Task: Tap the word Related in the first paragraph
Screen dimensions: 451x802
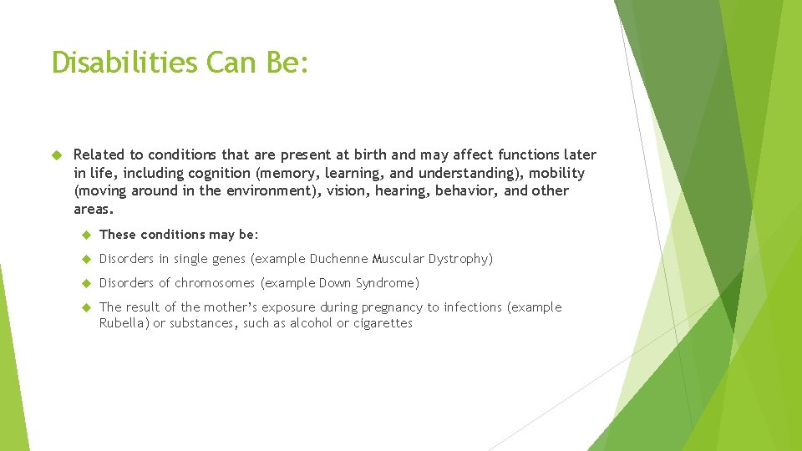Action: click(x=99, y=155)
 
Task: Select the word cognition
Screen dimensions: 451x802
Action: click(x=222, y=173)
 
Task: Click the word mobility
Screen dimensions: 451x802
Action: click(x=557, y=173)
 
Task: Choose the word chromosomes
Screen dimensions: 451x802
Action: click(x=216, y=283)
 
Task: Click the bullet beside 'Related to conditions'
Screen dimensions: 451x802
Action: click(x=58, y=155)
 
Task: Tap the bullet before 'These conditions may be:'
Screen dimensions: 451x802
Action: click(x=84, y=235)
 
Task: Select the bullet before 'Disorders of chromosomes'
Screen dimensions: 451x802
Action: click(x=84, y=283)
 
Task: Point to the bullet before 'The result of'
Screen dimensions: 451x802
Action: click(x=84, y=307)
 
